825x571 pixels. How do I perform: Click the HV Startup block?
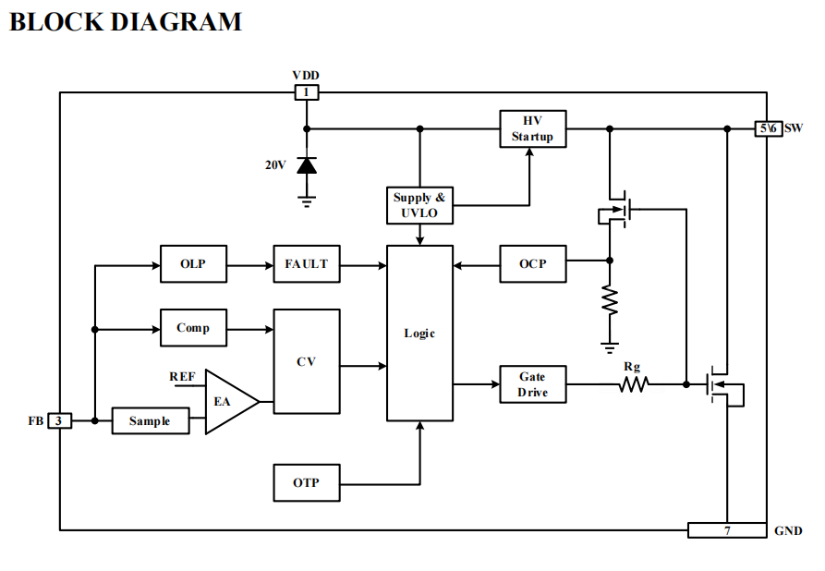[x=532, y=129]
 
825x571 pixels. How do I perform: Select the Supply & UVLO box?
[x=419, y=205]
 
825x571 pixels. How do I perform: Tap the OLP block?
[x=192, y=264]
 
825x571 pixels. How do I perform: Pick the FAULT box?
[x=306, y=264]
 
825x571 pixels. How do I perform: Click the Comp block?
[x=192, y=328]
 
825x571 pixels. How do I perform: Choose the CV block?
[x=306, y=361]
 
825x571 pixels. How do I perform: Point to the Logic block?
[x=419, y=334]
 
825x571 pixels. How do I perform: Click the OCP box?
[x=532, y=264]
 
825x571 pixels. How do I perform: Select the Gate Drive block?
[x=532, y=384]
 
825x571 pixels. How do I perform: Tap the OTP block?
[x=306, y=483]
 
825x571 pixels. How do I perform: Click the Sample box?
[x=149, y=421]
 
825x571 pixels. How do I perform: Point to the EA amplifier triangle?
[x=227, y=402]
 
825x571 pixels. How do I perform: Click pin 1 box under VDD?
[x=306, y=92]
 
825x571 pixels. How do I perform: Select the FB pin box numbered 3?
[x=59, y=421]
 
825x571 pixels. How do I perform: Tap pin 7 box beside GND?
[x=726, y=530]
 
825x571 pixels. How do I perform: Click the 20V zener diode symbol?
[x=306, y=165]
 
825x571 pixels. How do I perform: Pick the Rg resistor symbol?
[x=633, y=383]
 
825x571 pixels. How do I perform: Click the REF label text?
[x=182, y=377]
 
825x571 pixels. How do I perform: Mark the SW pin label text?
[x=794, y=128]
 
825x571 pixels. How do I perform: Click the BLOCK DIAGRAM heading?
[x=126, y=22]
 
